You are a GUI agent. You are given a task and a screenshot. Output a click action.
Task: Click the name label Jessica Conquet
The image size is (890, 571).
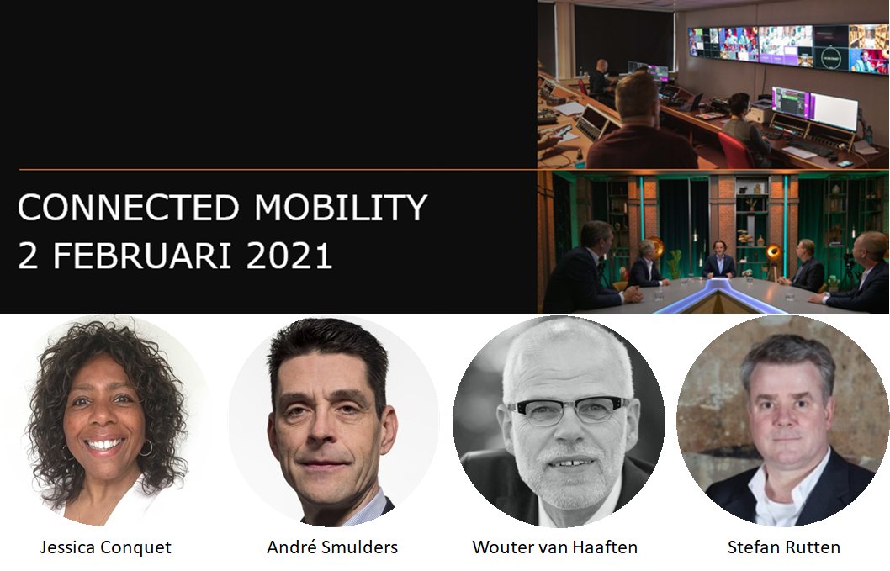pyautogui.click(x=105, y=547)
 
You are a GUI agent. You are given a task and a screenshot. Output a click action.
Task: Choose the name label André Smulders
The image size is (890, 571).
pyautogui.click(x=332, y=547)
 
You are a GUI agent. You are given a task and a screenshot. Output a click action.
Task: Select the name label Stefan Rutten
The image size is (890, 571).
pyautogui.click(x=783, y=547)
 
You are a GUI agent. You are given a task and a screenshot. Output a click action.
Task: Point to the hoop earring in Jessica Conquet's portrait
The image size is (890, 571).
pyautogui.click(x=147, y=447)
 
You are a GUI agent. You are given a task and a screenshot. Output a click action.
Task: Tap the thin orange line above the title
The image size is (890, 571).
pyautogui.click(x=278, y=170)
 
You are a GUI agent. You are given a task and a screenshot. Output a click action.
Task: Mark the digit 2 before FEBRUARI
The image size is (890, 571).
pyautogui.click(x=29, y=256)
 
